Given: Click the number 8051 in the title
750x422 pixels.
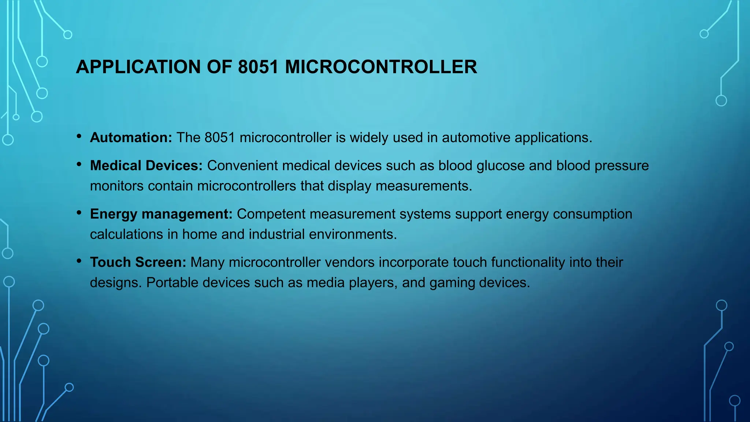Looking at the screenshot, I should click(x=258, y=67).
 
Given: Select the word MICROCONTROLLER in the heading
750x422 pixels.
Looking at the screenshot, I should click(x=381, y=67).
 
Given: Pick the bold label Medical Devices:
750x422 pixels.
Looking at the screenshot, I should click(x=146, y=166).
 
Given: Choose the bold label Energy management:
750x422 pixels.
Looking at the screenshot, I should click(x=161, y=214).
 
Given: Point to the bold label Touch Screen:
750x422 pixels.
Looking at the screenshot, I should click(x=138, y=262).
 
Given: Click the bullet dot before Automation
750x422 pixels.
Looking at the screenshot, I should click(x=79, y=137).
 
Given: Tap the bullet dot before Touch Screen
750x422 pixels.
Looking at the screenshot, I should click(x=79, y=261).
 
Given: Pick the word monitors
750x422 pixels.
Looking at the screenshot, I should click(x=117, y=186).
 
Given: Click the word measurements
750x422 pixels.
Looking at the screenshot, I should click(x=424, y=186).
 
